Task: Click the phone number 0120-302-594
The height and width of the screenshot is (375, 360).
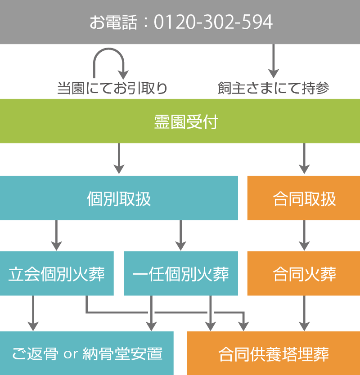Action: (213, 22)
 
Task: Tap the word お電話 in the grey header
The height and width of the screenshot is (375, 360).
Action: (112, 22)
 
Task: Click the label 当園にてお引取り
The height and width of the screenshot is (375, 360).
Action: (112, 88)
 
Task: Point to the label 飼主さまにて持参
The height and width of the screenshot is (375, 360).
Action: (273, 88)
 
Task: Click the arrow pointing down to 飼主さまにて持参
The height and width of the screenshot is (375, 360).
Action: (273, 61)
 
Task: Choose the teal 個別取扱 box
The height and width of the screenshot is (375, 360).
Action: (119, 198)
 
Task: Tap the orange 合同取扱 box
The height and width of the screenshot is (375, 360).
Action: (304, 198)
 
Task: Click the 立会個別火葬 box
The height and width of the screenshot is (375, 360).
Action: (56, 273)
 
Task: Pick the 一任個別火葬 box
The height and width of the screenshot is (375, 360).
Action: (180, 273)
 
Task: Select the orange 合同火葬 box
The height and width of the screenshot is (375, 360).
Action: (304, 273)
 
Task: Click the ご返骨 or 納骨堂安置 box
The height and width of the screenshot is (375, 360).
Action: (86, 353)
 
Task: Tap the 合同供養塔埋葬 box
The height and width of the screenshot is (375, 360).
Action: (273, 353)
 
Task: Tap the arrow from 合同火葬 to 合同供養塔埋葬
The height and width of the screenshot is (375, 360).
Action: (304, 313)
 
